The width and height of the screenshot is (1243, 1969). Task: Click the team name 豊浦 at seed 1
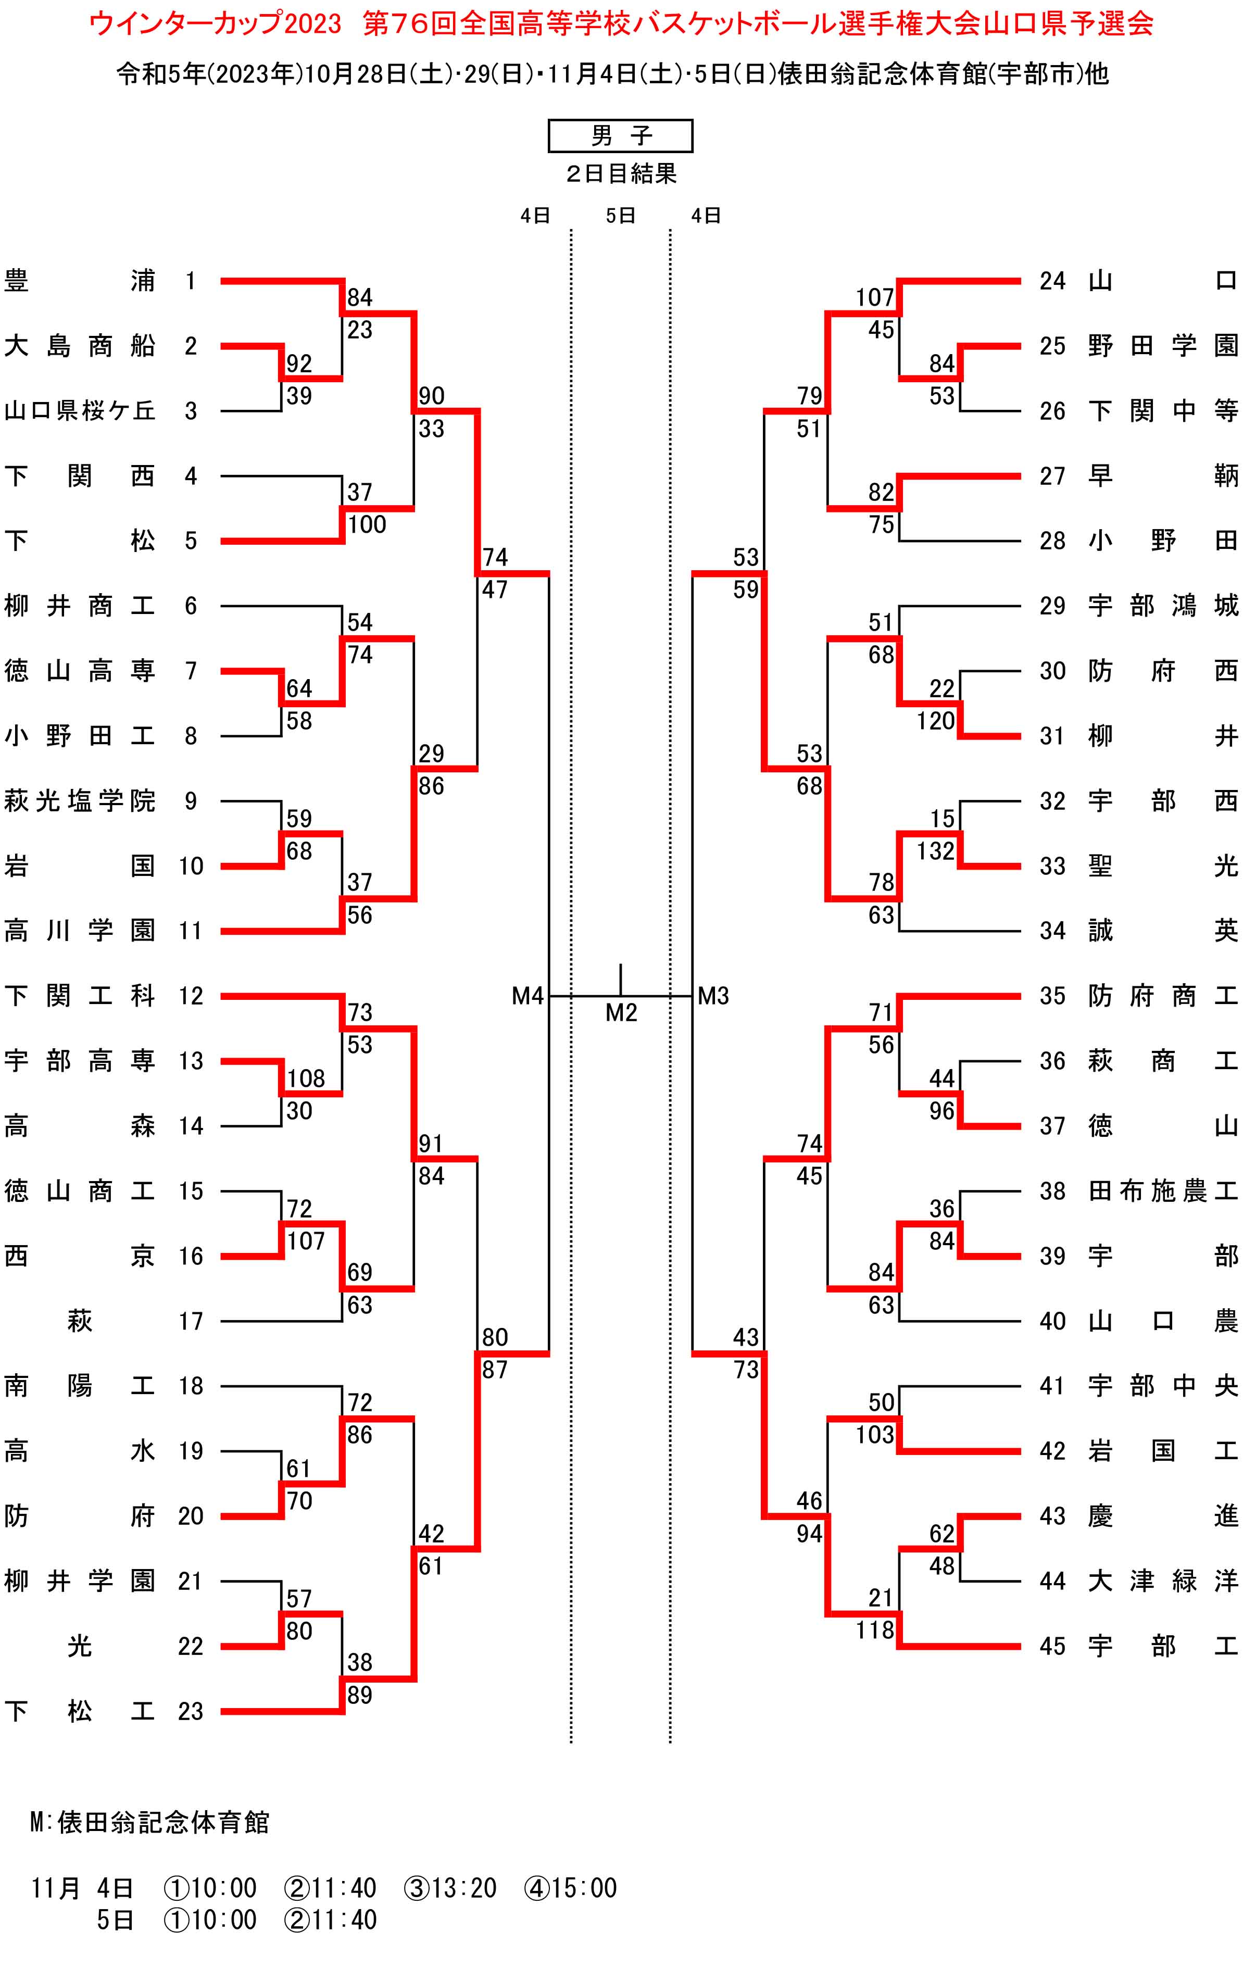tap(79, 281)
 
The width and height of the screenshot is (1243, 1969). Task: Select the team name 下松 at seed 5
tap(79, 541)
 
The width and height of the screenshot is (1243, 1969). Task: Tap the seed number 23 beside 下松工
tap(191, 1711)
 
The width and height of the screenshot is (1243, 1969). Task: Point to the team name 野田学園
tap(1163, 346)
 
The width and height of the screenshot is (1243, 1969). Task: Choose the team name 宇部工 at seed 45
tap(1163, 1646)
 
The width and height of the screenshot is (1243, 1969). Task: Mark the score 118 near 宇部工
tap(874, 1631)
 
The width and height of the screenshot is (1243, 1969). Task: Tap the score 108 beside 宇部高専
tap(306, 1078)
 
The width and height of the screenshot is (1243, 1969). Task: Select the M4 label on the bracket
tap(528, 996)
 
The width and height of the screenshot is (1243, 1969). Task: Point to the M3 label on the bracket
tap(713, 996)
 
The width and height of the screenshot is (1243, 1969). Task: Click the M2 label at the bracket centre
tap(621, 1013)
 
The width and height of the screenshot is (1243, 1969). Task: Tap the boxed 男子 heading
tap(621, 136)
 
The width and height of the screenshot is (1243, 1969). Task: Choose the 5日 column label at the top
tap(621, 216)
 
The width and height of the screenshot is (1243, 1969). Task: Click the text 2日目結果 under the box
tap(621, 174)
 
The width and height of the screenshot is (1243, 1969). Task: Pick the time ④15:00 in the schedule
tap(570, 1888)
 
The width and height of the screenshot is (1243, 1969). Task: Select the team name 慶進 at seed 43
tap(1163, 1516)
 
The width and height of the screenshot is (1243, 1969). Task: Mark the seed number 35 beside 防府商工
tap(1052, 996)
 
